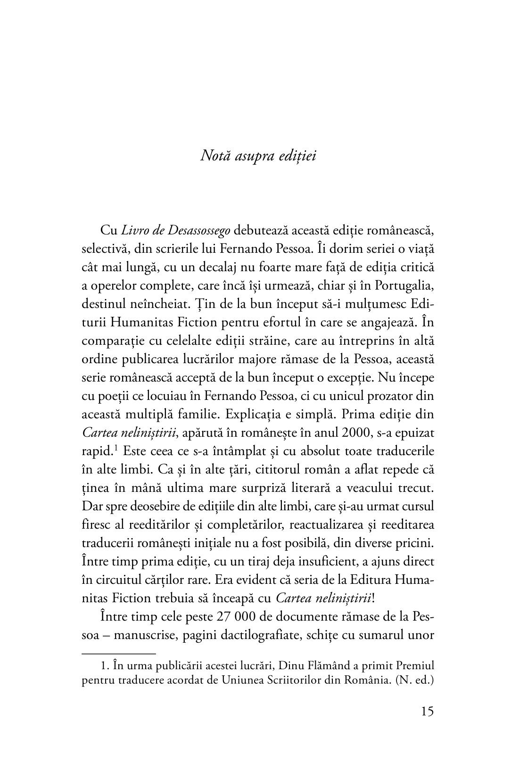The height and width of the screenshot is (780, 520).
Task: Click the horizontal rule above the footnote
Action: (118, 654)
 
